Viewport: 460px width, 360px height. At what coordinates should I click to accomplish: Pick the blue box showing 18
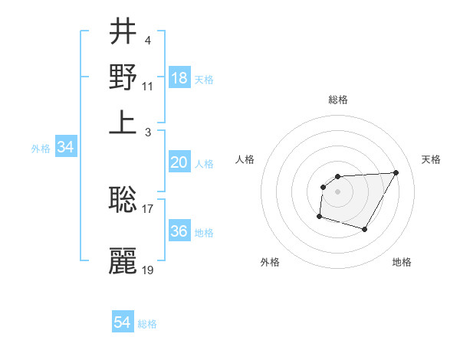179,78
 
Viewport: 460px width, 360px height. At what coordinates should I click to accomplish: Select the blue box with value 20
179,162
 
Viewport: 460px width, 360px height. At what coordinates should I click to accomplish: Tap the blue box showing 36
179,231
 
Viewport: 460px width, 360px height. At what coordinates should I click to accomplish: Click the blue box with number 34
65,148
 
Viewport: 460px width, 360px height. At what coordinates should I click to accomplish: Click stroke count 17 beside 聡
148,208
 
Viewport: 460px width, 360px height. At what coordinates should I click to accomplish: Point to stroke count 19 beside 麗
148,270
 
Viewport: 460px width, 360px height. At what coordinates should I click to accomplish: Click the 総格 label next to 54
147,324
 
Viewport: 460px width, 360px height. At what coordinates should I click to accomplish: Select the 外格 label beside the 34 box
41,149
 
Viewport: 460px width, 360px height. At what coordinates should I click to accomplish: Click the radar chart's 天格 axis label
432,159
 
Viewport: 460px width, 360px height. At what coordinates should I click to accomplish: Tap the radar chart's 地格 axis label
402,262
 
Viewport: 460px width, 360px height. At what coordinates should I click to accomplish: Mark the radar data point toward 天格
396,172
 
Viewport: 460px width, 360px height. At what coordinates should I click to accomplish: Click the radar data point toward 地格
365,229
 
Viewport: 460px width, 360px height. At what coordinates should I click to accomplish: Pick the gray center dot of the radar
337,191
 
